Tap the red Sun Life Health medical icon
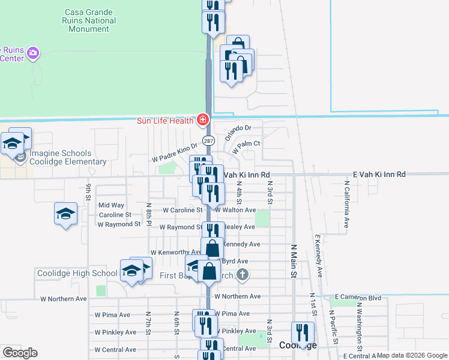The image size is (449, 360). (203, 121)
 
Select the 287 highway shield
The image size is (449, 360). (208, 140)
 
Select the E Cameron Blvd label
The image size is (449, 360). (358, 296)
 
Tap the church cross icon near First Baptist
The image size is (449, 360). (242, 275)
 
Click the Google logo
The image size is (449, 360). (20, 352)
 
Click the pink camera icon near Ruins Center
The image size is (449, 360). (33, 53)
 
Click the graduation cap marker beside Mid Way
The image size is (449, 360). (66, 214)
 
